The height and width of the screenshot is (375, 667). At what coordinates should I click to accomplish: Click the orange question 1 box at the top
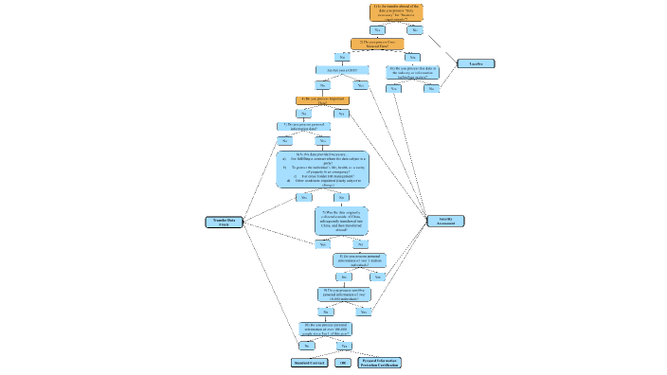coord(396,12)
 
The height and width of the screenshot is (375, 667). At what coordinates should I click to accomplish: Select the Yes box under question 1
coord(376,30)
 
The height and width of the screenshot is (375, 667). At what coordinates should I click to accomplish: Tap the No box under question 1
coord(415,30)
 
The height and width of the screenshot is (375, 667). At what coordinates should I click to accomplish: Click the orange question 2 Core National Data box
coord(377,44)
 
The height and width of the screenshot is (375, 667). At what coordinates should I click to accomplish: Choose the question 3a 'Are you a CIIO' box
coord(341,70)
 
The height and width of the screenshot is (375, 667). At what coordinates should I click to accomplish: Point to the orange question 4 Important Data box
coord(322,99)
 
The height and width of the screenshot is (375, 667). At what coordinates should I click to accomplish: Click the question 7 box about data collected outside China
coord(341,221)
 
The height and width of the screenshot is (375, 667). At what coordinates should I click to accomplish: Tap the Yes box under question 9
coord(363,311)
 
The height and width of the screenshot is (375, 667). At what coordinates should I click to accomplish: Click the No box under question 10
coord(307,346)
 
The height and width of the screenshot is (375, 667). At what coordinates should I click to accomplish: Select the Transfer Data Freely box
coord(224,222)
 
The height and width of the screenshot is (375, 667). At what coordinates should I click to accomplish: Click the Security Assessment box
coord(445,221)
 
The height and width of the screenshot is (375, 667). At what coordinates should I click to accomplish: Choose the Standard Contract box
coord(309,363)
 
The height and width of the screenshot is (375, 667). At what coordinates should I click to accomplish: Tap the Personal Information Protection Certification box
coord(380,363)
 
